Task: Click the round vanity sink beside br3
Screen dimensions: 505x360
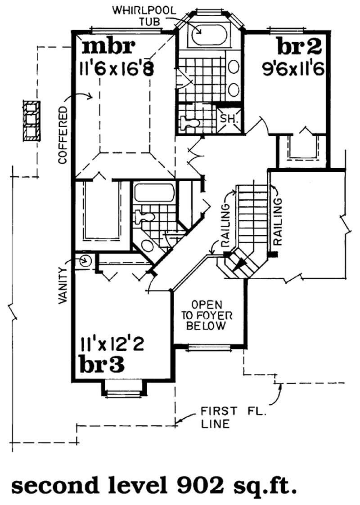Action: pos(85,261)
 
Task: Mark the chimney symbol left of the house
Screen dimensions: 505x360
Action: pos(31,121)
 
